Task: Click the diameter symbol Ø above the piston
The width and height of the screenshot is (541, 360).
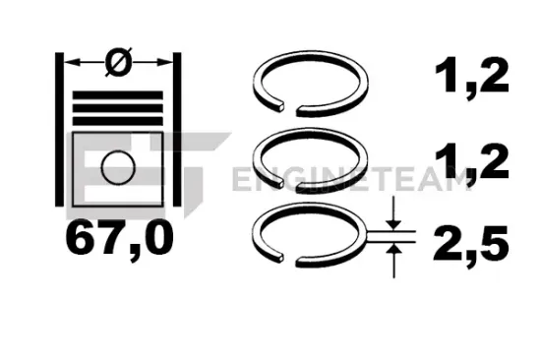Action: click(x=117, y=62)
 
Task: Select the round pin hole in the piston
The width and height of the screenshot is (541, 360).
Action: click(x=118, y=167)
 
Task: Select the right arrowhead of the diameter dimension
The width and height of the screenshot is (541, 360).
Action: click(x=163, y=62)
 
